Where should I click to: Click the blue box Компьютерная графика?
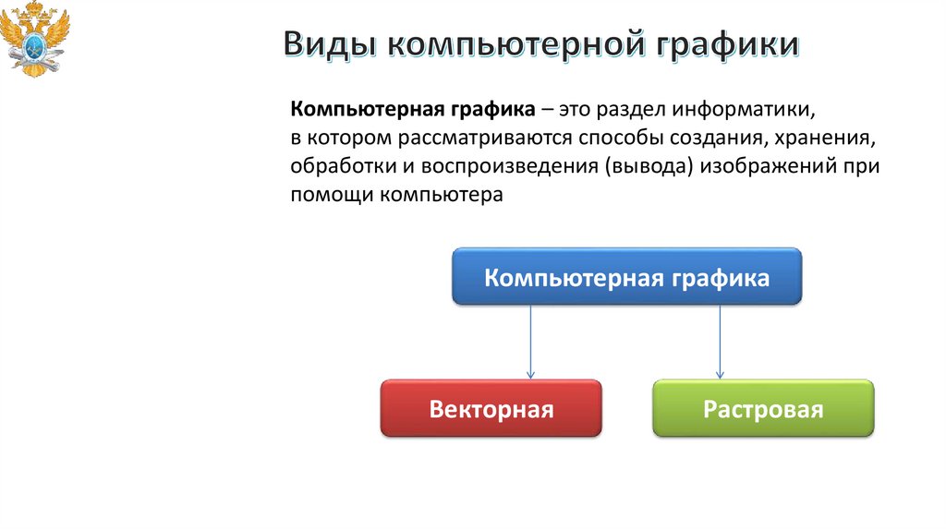point(626,277)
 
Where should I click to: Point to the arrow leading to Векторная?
point(531,341)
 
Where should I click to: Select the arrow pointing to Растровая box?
point(720,341)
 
